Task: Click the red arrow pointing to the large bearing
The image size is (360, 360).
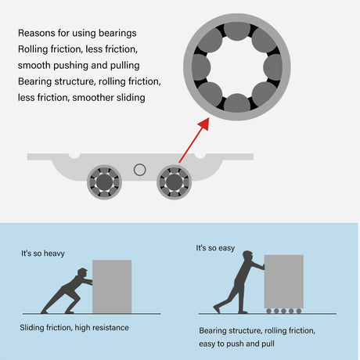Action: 194,140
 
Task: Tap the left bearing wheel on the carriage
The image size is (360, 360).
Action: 104,182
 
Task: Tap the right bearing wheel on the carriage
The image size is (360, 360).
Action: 174,182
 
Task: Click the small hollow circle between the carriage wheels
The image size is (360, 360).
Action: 139,170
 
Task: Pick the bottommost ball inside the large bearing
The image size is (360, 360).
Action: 237,103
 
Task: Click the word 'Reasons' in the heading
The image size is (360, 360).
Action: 35,33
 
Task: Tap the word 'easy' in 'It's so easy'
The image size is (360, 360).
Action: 226,248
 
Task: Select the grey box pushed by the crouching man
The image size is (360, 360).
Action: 112,286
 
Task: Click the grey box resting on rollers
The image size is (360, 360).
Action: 284,282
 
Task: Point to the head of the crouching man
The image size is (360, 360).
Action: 83,273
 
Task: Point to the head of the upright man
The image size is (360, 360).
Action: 248,257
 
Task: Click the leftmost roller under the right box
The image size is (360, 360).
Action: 268,311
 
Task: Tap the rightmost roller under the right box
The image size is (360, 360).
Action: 299,311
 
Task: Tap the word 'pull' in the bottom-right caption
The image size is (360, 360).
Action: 268,344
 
